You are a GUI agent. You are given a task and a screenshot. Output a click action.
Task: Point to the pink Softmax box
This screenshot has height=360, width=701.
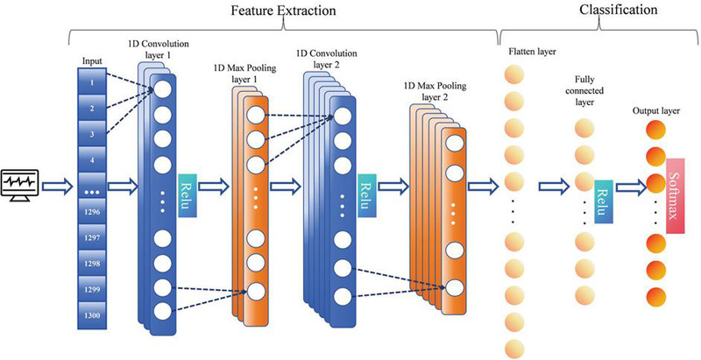676,197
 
